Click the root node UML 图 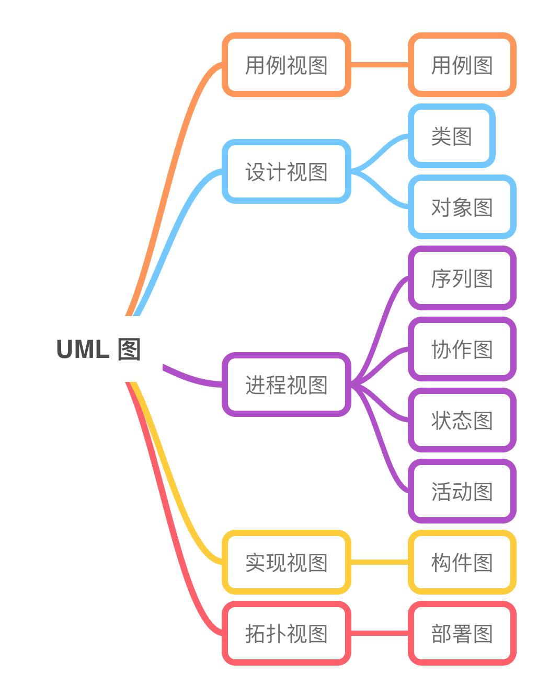[98, 349]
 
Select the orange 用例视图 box [286, 65]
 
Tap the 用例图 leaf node [462, 65]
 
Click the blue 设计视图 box [286, 171]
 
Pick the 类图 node [451, 136]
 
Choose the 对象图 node [462, 207]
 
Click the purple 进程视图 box [286, 385]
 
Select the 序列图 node [462, 278]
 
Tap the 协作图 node [462, 349]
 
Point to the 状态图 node [462, 420]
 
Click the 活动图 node [462, 491]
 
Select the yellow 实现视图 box [286, 562]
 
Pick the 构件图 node [462, 562]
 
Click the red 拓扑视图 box [286, 633]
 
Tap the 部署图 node [462, 633]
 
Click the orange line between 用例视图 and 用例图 [379, 65]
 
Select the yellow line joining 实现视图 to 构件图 [379, 562]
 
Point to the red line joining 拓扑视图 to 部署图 [379, 633]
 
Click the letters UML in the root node [83, 349]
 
